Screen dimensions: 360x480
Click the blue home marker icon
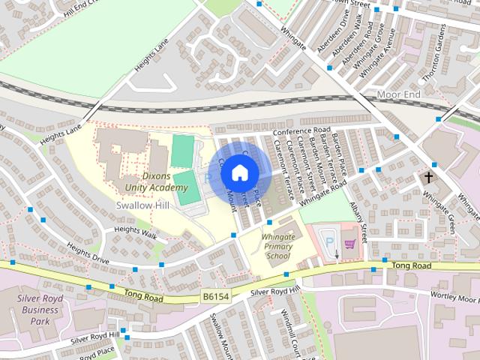pos(239,173)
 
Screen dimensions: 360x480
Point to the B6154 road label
pos(214,297)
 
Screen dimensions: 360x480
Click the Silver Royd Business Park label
pos(39,310)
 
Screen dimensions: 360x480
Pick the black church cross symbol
pos(428,178)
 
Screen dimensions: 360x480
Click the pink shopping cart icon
pos(349,243)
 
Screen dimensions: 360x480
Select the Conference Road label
pos(301,130)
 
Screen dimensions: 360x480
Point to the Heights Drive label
pos(88,252)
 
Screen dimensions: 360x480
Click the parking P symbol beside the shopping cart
pos(328,242)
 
